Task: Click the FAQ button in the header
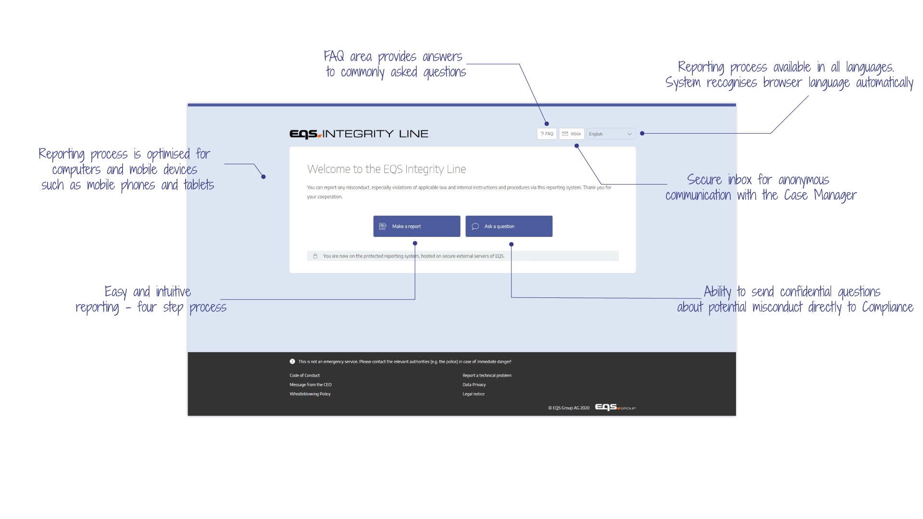547,134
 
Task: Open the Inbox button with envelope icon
572,134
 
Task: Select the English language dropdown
611,134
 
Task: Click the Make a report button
416,226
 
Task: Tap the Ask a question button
509,226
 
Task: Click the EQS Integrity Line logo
359,134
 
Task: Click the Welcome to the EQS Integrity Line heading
387,169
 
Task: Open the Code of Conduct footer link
304,376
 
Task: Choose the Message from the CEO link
310,385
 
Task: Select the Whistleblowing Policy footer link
310,394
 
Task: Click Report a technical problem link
486,376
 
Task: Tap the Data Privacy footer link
474,385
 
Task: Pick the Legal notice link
473,394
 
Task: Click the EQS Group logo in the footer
615,408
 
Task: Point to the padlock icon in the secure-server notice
315,256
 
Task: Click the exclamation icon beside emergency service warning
292,361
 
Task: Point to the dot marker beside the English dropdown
642,134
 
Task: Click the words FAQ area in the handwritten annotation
348,57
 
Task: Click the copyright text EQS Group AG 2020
569,408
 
